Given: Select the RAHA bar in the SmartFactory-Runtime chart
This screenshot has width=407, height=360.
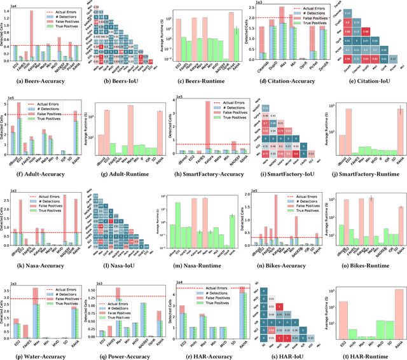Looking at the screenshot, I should [x=400, y=130].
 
